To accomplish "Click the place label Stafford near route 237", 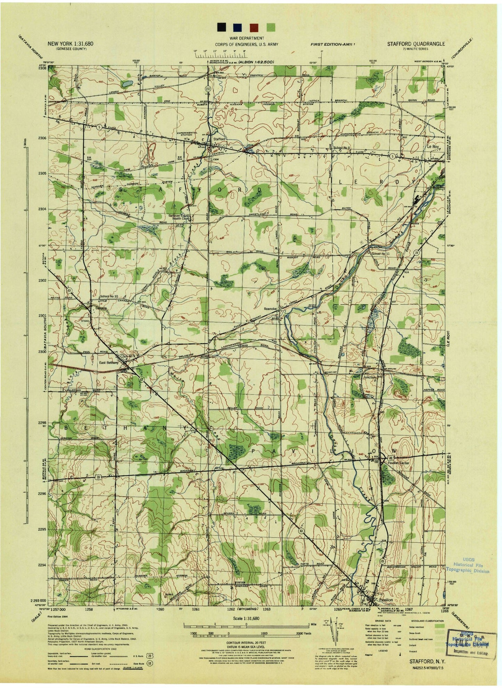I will pos(219,139).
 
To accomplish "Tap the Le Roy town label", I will pos(433,147).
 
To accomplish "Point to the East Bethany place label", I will pos(109,363).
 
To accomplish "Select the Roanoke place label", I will pos(270,309).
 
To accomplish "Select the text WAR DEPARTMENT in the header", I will pos(246,38).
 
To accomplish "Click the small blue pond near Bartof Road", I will pos(127,83).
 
